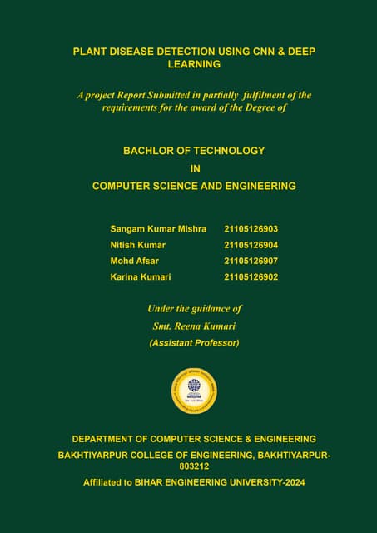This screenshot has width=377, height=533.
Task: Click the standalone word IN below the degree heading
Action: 194,168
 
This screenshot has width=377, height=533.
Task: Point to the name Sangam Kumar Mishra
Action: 158,228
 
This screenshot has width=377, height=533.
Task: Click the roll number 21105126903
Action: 251,228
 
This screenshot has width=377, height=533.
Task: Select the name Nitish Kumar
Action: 137,245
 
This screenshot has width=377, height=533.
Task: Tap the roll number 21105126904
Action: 251,245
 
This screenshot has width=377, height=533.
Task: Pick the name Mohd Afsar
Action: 134,261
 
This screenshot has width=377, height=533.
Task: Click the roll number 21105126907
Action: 251,261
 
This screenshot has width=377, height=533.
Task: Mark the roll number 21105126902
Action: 251,276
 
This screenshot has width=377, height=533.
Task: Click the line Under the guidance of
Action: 194,309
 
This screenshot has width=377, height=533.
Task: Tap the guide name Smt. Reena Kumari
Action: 194,326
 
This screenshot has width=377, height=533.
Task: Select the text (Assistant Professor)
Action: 194,342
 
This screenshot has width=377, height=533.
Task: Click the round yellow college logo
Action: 194,390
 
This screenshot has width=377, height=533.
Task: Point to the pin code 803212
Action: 194,466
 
